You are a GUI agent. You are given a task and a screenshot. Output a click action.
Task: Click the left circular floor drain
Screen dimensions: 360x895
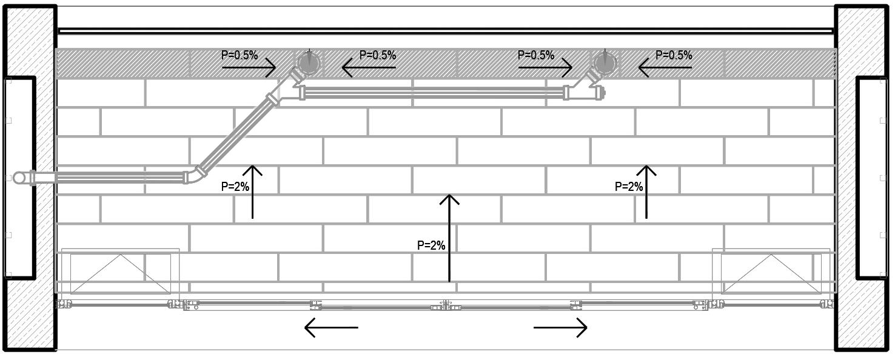coord(309,63)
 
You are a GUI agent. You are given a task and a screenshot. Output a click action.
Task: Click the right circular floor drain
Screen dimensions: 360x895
coord(605,63)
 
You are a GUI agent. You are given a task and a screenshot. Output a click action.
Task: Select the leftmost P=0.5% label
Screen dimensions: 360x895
coord(240,55)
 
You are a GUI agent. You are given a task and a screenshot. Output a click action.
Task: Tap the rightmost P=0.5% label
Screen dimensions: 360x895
coord(674,55)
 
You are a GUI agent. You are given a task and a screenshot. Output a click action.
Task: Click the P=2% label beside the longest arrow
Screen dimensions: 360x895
coord(431,245)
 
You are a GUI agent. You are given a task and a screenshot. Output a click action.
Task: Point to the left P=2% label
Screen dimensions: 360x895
coord(235,187)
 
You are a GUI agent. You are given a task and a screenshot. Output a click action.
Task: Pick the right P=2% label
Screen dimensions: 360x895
coord(629,187)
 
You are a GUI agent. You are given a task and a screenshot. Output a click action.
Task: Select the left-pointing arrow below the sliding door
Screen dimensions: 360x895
coord(330,328)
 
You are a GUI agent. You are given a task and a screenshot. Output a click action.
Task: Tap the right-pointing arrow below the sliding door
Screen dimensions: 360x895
coord(560,328)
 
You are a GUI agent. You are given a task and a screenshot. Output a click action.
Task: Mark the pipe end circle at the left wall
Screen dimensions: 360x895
coord(20,178)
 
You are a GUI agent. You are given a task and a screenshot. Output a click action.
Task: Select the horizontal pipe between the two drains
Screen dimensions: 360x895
coord(434,93)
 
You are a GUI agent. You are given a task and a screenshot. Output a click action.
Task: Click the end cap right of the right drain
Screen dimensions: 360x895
coord(602,93)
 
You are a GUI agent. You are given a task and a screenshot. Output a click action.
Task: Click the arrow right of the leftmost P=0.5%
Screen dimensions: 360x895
coord(249,68)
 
